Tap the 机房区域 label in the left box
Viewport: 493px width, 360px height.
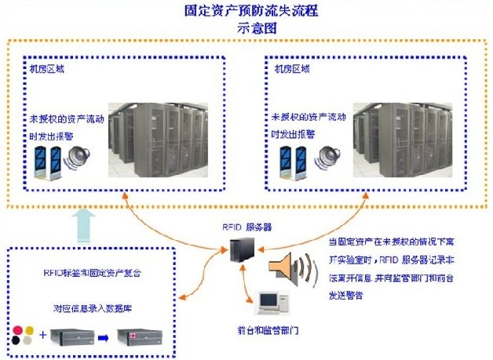pyautogui.click(x=46, y=68)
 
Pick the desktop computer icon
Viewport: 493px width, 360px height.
pyautogui.click(x=269, y=303)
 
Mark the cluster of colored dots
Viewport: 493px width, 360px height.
pyautogui.click(x=24, y=336)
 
